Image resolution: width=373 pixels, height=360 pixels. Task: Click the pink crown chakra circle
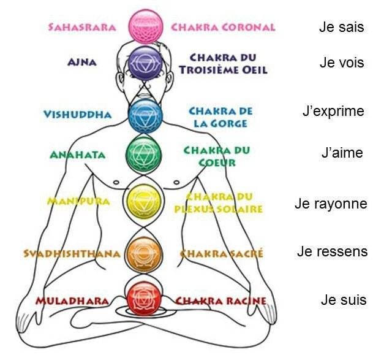(x=145, y=25)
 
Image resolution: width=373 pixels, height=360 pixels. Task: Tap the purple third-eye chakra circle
(x=145, y=63)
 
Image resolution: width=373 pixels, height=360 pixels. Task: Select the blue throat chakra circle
(x=145, y=113)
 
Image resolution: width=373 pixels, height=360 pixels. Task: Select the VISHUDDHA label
(x=78, y=115)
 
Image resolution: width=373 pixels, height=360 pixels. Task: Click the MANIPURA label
(x=78, y=201)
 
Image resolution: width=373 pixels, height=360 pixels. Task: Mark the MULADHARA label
(x=72, y=301)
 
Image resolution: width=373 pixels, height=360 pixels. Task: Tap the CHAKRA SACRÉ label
(x=222, y=253)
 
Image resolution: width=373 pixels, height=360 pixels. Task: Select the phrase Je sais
(x=341, y=28)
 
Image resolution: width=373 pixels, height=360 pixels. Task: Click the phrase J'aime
(x=342, y=153)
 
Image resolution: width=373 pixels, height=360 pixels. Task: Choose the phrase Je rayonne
(x=331, y=204)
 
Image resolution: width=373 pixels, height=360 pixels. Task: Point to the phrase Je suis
(x=343, y=301)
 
